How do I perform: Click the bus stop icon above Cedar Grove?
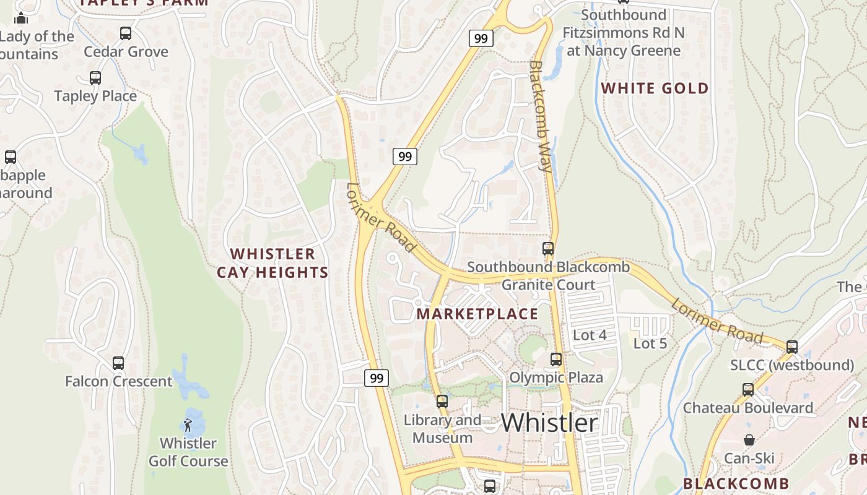(126, 33)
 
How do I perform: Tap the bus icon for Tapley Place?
(95, 78)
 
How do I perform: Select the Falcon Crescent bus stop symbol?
(118, 363)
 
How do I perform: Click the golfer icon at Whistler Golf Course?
(188, 425)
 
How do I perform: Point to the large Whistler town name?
(549, 423)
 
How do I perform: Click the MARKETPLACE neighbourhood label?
(477, 314)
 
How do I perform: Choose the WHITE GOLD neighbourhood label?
(655, 88)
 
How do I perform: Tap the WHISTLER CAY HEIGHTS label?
(272, 263)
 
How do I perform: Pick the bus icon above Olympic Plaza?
(556, 359)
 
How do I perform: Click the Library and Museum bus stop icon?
(442, 402)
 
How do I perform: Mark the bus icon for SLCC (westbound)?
(791, 347)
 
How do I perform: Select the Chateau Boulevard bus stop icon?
(748, 390)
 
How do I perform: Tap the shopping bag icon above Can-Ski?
(749, 440)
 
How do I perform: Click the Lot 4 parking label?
(590, 335)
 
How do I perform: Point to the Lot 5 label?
(650, 343)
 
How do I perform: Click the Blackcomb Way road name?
(541, 116)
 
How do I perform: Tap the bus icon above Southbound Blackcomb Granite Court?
(548, 249)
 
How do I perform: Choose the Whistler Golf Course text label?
(188, 452)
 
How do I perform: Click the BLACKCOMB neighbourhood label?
(736, 483)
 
